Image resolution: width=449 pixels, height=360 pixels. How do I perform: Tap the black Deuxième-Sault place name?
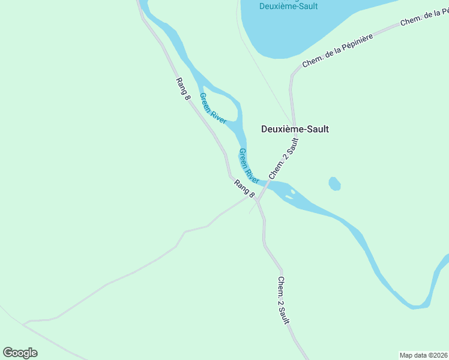(x=295, y=128)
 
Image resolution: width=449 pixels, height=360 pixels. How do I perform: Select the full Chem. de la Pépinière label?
(x=338, y=50)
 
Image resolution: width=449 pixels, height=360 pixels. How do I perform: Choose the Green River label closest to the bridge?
(x=249, y=166)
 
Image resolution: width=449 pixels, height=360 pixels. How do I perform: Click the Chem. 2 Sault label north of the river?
(x=284, y=158)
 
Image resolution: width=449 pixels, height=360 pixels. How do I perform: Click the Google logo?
(x=20, y=353)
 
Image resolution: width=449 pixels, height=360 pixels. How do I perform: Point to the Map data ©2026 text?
(x=423, y=355)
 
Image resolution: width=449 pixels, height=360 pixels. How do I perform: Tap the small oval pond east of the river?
(x=334, y=184)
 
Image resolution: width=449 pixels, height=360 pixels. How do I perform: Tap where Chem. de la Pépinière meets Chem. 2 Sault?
(x=292, y=76)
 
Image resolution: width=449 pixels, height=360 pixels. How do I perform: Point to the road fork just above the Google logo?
(x=23, y=324)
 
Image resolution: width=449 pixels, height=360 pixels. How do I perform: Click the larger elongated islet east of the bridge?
(x=289, y=194)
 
